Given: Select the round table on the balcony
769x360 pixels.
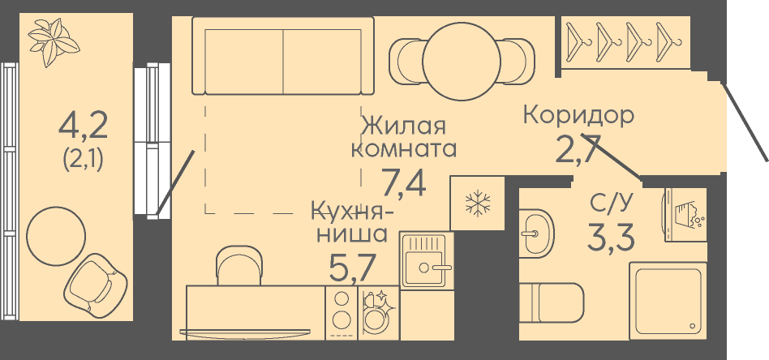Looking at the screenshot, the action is point(56,233).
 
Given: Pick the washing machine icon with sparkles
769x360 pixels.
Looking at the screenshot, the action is point(378,311).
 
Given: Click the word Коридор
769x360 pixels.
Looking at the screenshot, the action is point(578,115).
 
